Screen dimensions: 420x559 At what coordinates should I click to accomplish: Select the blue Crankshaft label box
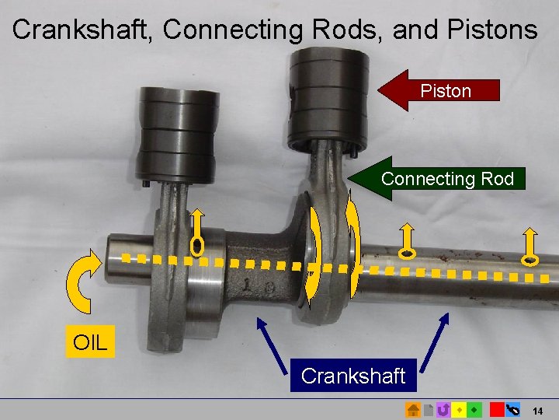[353, 376]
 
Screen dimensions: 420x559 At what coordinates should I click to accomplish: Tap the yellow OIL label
[90, 341]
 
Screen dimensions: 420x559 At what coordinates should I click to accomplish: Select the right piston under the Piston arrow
[327, 97]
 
